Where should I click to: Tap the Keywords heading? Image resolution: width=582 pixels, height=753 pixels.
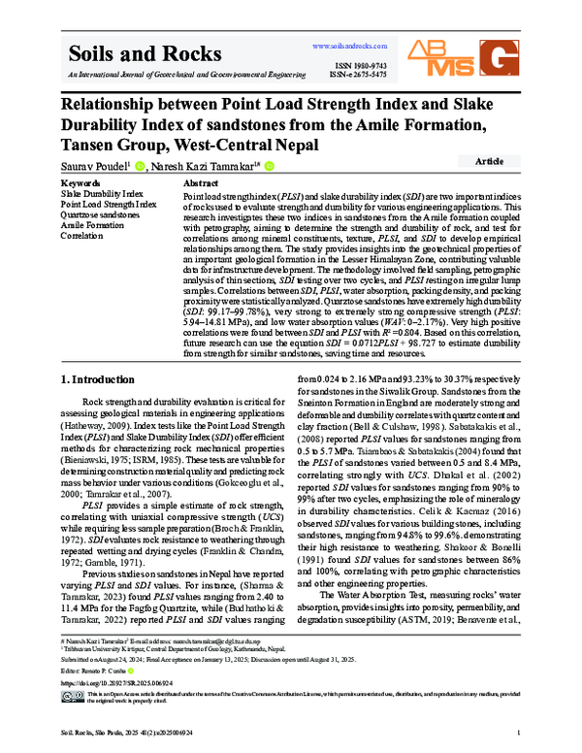[x=81, y=183]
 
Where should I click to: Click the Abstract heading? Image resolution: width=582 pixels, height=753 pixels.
[x=200, y=183]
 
